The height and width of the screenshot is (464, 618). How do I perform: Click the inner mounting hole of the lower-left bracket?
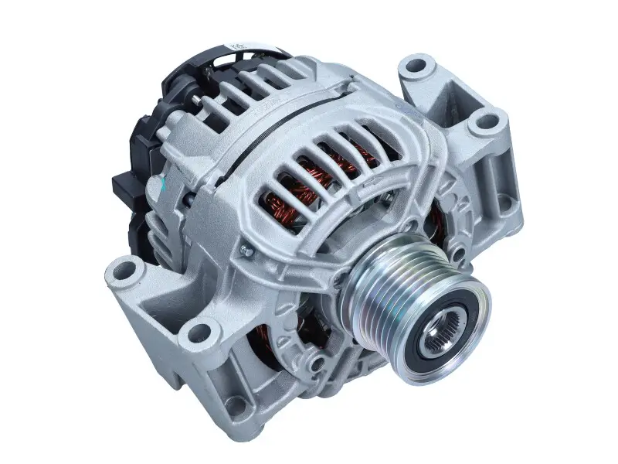click(x=198, y=334)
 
